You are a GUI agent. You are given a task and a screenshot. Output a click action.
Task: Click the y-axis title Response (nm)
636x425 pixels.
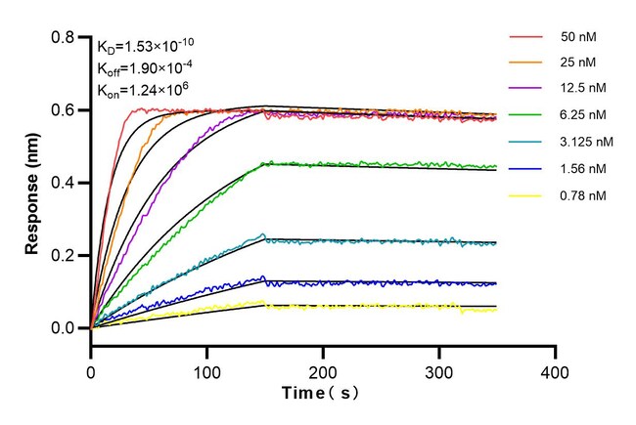[33, 182]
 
